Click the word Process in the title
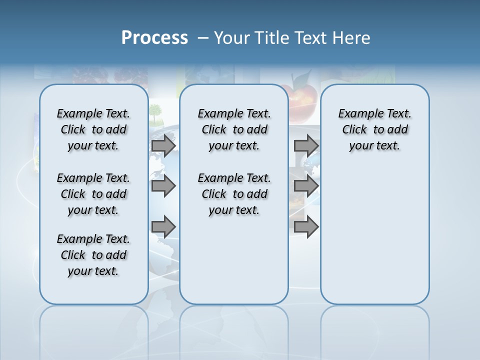[x=154, y=38]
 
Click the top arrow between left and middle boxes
[x=163, y=146]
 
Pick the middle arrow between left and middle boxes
[x=163, y=186]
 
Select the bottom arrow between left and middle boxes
[x=163, y=227]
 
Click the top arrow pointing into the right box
[x=306, y=145]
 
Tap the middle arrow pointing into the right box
[x=306, y=186]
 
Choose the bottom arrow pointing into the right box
[x=306, y=227]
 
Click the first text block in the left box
[x=93, y=129]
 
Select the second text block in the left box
[x=93, y=194]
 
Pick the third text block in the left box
[x=93, y=255]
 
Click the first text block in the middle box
[x=234, y=129]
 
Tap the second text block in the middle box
[x=234, y=194]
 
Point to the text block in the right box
[x=374, y=129]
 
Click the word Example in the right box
[x=356, y=114]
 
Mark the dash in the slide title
[x=202, y=38]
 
